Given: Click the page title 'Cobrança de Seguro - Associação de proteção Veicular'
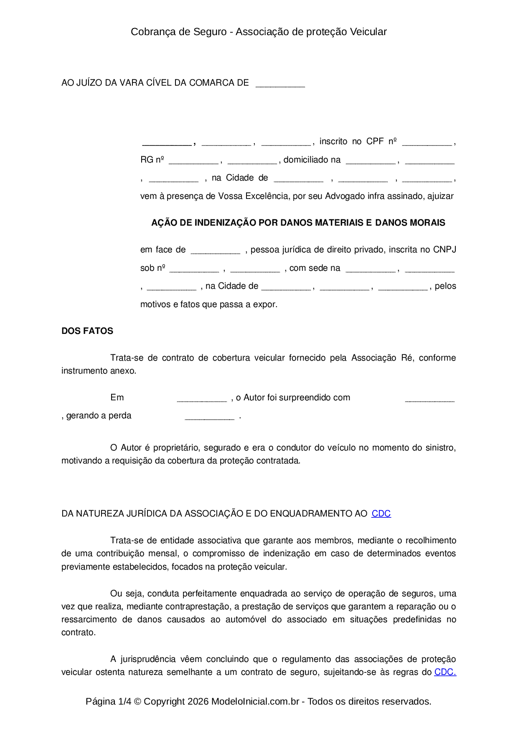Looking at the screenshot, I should pyautogui.click(x=259, y=32).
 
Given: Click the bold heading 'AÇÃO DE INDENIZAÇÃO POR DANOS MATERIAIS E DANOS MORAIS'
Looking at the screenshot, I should pyautogui.click(x=298, y=223).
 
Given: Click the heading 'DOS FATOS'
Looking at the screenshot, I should pyautogui.click(x=87, y=331).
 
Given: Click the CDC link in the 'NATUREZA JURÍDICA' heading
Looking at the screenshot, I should pyautogui.click(x=381, y=514).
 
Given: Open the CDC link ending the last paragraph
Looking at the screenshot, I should pyautogui.click(x=445, y=672).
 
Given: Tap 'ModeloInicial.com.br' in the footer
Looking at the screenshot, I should pyautogui.click(x=255, y=701).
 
